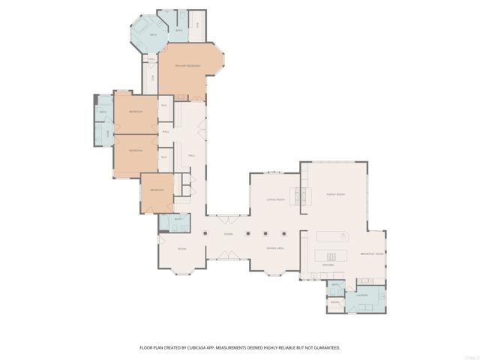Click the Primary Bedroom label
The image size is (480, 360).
(187, 67)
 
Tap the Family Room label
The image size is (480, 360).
(335, 193)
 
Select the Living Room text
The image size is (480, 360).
(276, 199)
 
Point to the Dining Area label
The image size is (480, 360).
(275, 247)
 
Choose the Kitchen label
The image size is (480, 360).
(328, 265)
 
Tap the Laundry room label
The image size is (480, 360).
(361, 295)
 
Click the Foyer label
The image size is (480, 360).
(228, 235)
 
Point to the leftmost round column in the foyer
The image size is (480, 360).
(205, 232)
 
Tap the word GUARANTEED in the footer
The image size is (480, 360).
(323, 348)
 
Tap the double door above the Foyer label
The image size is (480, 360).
(228, 218)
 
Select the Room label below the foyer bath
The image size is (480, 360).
(181, 248)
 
